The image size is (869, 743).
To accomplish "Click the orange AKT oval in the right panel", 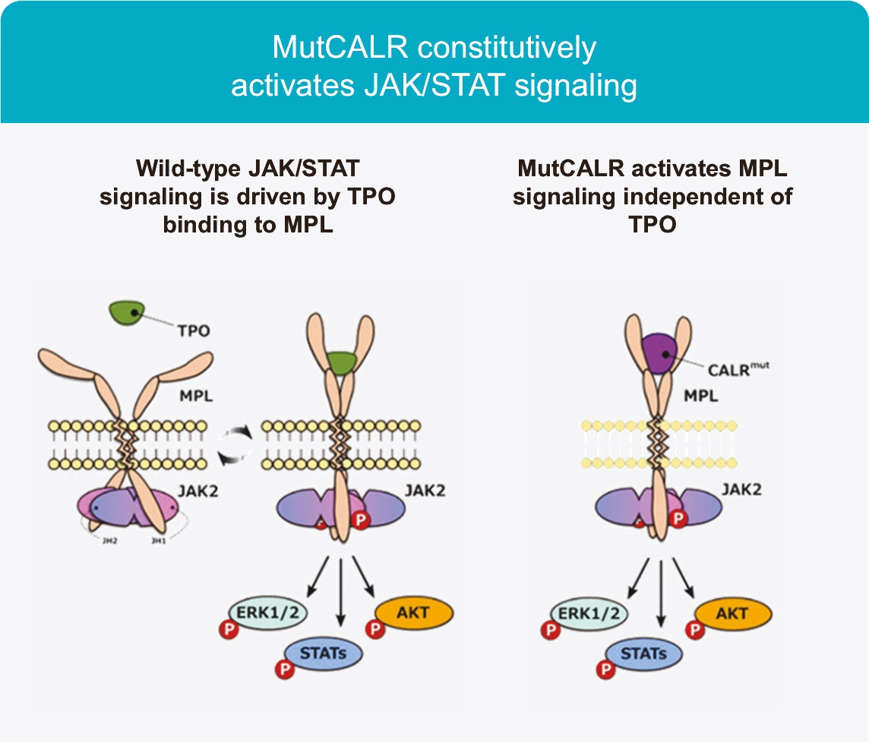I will pos(732,613).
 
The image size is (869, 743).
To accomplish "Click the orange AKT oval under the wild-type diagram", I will pos(413,612).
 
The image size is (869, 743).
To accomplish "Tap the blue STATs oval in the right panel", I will pos(643,653).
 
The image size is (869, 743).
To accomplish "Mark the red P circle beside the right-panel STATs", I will pos(605,669).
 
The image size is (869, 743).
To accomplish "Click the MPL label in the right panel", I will pos(701,396).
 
